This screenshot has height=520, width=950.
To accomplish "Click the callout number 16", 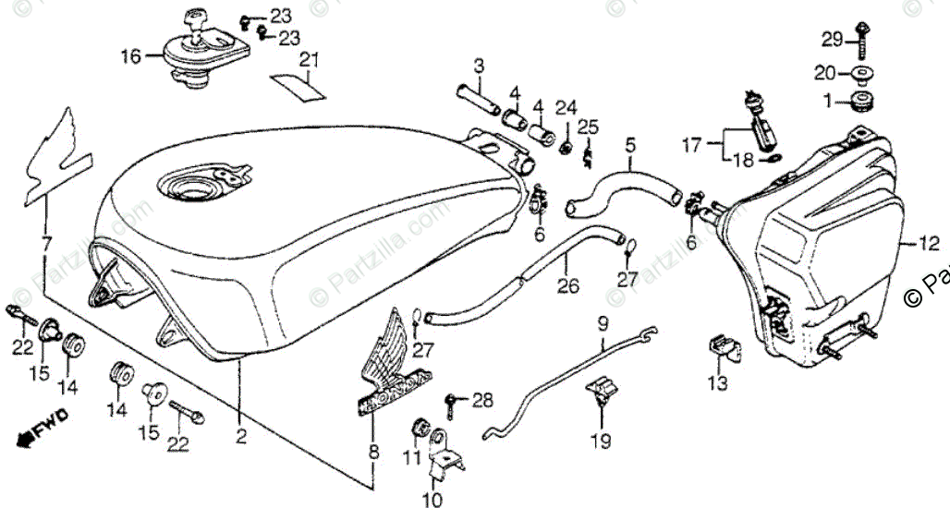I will [130, 57].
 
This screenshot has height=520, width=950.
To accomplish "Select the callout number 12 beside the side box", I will [929, 244].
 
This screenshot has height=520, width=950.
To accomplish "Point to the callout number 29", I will [833, 39].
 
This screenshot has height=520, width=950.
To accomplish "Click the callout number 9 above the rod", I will [603, 324].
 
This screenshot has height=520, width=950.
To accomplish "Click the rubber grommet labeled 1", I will [866, 99].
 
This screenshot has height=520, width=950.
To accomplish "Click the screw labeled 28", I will [453, 401].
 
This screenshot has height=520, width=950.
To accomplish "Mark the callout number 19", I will [602, 441].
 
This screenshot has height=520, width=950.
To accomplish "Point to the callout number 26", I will [568, 287].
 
